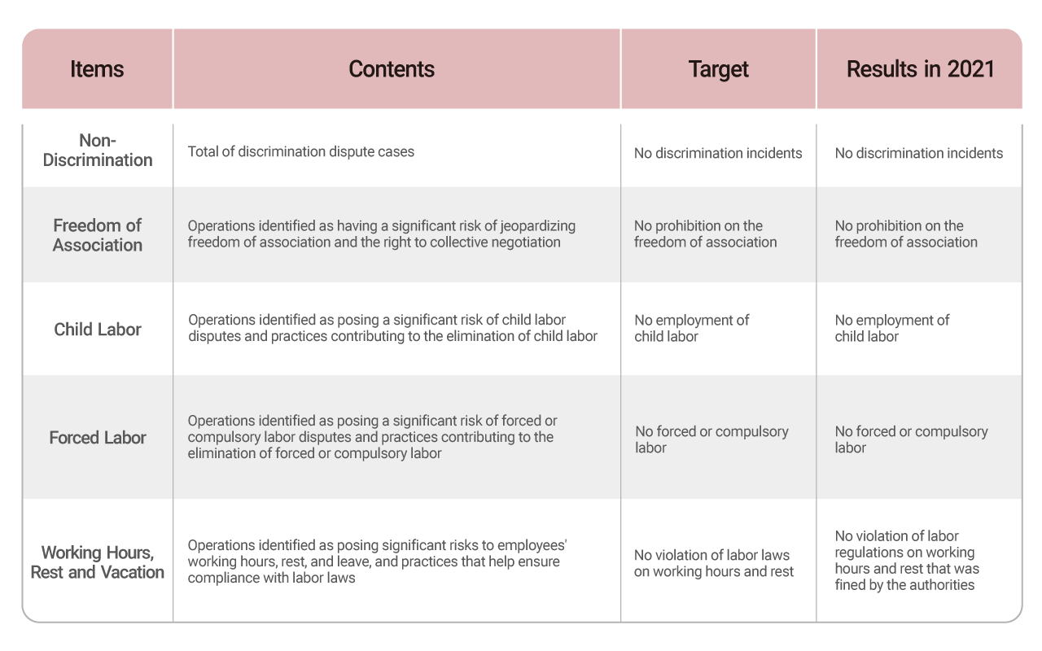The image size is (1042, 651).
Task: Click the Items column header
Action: [97, 69]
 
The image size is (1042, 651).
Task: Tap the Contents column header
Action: [392, 69]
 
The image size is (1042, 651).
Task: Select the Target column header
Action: [718, 70]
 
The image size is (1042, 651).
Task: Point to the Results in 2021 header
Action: [920, 69]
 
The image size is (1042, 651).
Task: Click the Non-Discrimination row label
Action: [98, 151]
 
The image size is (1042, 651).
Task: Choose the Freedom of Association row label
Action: [97, 235]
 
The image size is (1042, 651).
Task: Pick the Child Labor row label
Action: [97, 330]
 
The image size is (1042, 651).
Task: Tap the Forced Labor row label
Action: [97, 438]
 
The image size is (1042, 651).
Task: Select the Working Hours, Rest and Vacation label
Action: [97, 562]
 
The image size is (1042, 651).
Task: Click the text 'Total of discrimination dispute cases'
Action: [301, 152]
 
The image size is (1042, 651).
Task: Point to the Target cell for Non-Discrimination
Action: [718, 154]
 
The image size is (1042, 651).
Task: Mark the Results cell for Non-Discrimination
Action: [919, 154]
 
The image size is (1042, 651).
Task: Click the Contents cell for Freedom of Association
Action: [382, 234]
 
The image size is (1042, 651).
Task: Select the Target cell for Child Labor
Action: [692, 328]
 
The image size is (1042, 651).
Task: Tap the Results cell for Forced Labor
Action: [911, 439]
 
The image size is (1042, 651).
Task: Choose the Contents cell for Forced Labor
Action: [372, 437]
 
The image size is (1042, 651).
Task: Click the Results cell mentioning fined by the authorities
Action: [907, 561]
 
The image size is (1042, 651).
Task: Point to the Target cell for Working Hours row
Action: [714, 563]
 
